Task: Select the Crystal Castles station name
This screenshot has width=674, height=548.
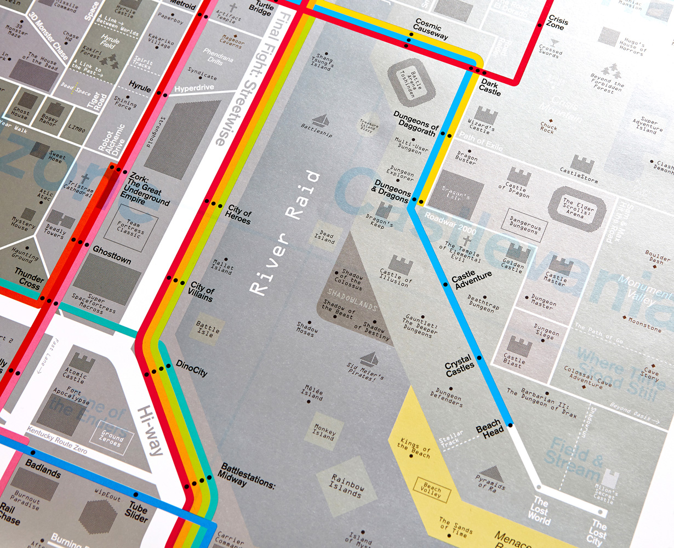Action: [x=459, y=366]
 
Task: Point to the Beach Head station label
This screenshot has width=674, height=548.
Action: [x=488, y=429]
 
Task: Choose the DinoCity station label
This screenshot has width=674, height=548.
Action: [x=191, y=368]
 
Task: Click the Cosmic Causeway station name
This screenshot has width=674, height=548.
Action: [x=431, y=31]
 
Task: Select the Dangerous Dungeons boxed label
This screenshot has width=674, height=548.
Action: [x=524, y=225]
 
